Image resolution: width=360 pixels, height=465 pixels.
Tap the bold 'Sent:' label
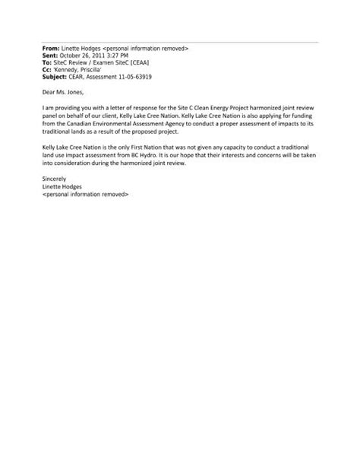click(x=51, y=55)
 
